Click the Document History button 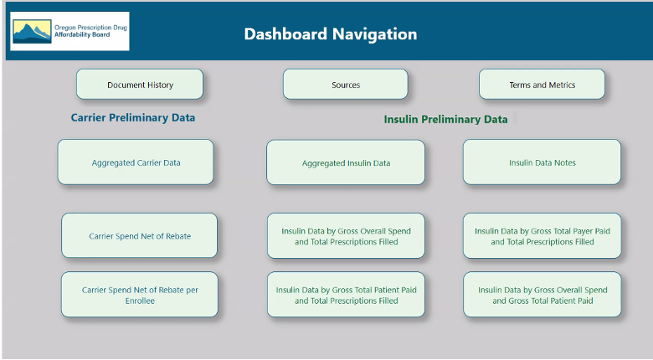point(140,85)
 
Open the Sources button point(345,85)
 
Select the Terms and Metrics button point(542,85)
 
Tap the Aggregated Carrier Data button point(136,162)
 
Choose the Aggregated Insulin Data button point(346,162)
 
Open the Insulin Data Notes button point(542,162)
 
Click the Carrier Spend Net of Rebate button point(140,235)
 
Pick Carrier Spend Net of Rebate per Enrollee point(140,295)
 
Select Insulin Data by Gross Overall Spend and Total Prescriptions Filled point(346,236)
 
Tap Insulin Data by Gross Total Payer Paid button point(542,236)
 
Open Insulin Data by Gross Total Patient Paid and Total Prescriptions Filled point(346,295)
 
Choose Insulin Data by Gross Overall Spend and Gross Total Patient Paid point(542,295)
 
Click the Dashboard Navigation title point(330,34)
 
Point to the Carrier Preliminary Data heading point(133,118)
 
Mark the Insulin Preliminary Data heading point(445,120)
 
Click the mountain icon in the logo point(32,32)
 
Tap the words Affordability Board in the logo point(82,34)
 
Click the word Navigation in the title point(374,34)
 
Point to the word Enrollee point(140,301)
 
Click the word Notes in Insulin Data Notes point(565,162)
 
